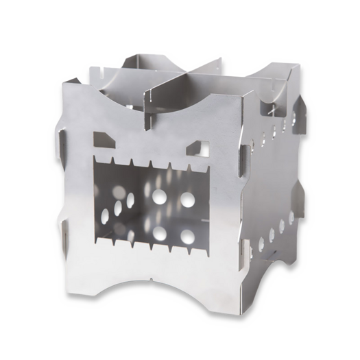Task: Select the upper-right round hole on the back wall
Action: click(x=186, y=198)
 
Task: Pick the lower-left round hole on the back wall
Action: click(x=158, y=232)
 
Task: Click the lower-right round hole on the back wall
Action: click(x=186, y=237)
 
